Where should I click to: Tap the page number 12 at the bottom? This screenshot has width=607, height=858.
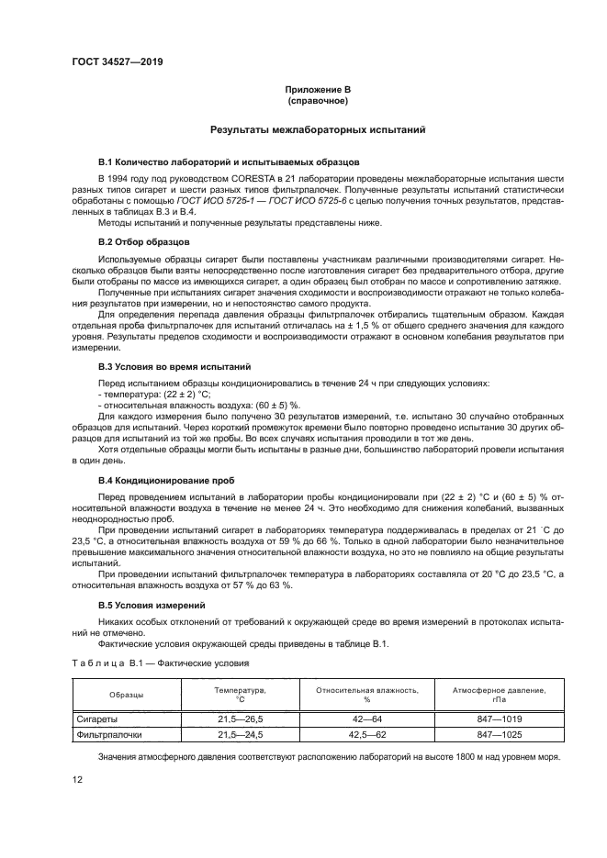click(77, 778)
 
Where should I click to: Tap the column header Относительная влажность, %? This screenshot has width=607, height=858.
click(366, 694)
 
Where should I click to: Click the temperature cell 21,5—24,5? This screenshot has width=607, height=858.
click(240, 735)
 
